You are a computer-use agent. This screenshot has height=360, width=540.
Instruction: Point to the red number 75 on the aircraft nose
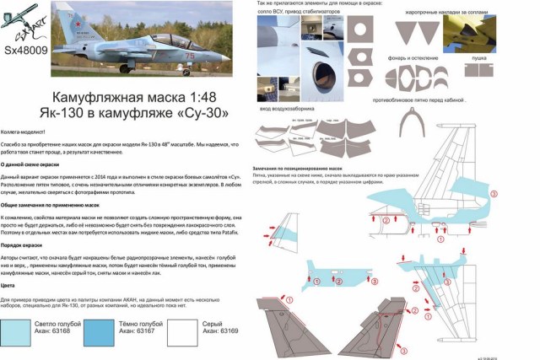[189, 56]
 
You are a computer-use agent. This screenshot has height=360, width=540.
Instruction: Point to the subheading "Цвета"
[9, 286]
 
